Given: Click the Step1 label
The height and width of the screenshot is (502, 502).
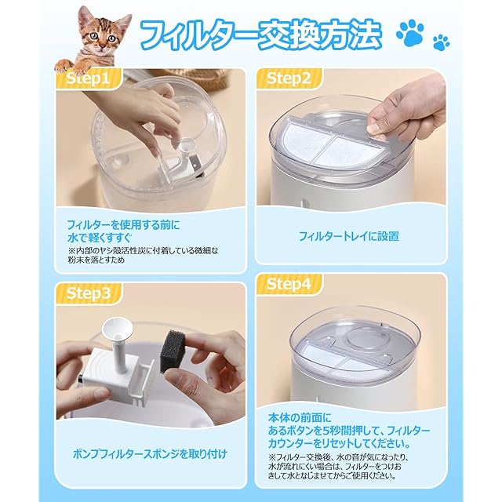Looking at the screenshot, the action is tap(87, 79).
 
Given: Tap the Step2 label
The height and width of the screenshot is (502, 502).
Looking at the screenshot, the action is tap(289, 78).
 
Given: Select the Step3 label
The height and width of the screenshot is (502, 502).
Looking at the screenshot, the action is tap(88, 293).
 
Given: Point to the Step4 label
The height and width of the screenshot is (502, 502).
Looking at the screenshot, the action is tap(289, 284).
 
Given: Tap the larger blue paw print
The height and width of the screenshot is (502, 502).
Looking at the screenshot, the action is tap(410, 33).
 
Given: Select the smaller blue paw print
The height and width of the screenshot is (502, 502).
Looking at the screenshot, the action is tap(441, 42).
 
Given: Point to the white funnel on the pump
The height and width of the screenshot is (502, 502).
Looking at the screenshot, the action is tap(117, 328).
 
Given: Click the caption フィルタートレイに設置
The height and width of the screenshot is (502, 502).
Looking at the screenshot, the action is tap(348, 237).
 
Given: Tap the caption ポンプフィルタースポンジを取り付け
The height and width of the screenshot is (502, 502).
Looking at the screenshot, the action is tap(150, 453).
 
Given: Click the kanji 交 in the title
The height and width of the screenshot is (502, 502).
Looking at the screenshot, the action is tap(275, 35).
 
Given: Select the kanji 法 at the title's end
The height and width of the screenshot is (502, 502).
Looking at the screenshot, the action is tap(362, 35).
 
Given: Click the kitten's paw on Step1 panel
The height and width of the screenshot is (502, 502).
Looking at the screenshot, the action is tap(65, 66).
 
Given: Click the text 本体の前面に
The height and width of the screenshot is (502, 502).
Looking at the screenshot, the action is tap(300, 418).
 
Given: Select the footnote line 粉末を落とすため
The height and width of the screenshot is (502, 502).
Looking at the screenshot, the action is tap(96, 260).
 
